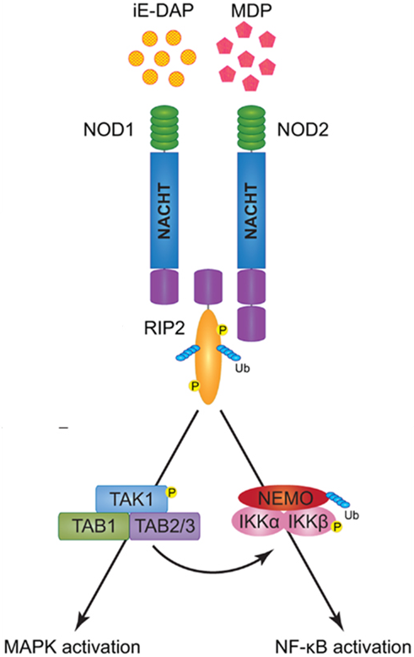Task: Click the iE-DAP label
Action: pyautogui.click(x=162, y=10)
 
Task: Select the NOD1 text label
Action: pyautogui.click(x=109, y=130)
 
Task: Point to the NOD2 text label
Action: pyautogui.click(x=303, y=130)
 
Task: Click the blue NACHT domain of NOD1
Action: pyautogui.click(x=164, y=210)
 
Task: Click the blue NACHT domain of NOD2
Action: pyautogui.click(x=251, y=210)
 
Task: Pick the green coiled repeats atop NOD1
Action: pyautogui.click(x=164, y=128)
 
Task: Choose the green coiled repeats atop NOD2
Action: pyautogui.click(x=251, y=128)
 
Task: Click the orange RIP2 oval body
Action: pyautogui.click(x=208, y=357)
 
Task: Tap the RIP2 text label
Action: pyautogui.click(x=164, y=329)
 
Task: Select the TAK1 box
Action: pyautogui.click(x=132, y=499)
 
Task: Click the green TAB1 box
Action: pyautogui.click(x=94, y=525)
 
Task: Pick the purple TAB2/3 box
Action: pyautogui.click(x=164, y=525)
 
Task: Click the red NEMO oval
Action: pyautogui.click(x=283, y=498)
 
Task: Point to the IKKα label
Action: pyautogui.click(x=259, y=523)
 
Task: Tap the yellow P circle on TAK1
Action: pyautogui.click(x=171, y=493)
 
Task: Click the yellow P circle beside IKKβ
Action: pyautogui.click(x=336, y=526)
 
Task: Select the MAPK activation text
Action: pyautogui.click(x=72, y=647)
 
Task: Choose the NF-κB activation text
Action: pyautogui.click(x=343, y=647)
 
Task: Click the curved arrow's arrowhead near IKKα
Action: pyautogui.click(x=269, y=558)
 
